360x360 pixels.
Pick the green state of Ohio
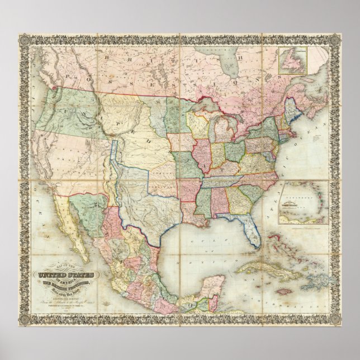pos(231,150)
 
